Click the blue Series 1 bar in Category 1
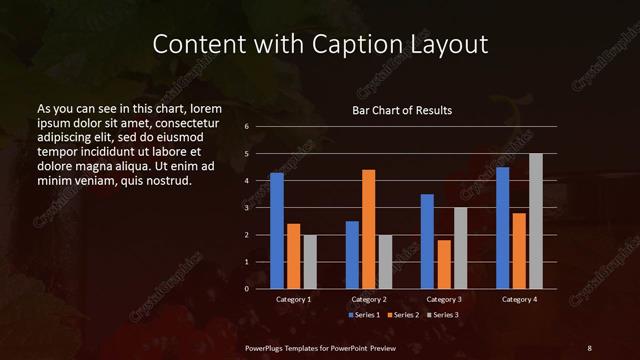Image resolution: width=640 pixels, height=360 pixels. (277, 231)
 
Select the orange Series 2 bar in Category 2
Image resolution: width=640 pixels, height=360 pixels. (368, 229)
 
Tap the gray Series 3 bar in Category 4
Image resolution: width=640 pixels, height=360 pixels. (535, 221)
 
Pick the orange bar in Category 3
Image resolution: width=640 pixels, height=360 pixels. (444, 264)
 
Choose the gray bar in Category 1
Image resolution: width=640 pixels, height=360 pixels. (310, 262)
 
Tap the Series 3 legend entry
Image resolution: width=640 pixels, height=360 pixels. (444, 315)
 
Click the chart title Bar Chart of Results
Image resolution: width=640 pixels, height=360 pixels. (403, 110)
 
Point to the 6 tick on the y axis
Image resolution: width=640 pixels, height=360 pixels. (246, 127)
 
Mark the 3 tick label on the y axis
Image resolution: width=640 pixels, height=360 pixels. (246, 208)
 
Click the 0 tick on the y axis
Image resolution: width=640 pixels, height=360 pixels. (246, 289)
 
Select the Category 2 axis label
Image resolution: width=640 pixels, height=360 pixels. (368, 299)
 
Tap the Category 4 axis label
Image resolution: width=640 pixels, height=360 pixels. (518, 299)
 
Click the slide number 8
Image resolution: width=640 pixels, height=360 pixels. (589, 347)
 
